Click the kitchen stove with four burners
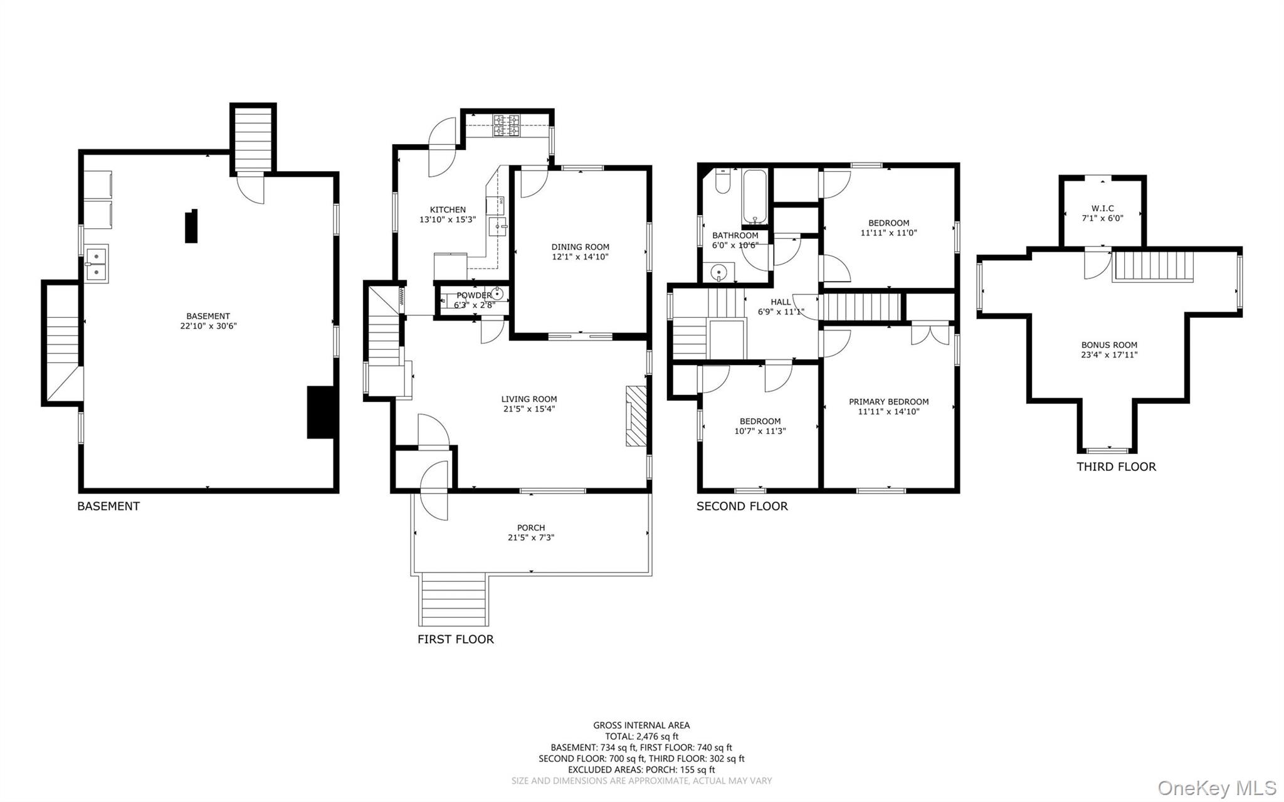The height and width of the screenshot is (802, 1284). coord(506,125)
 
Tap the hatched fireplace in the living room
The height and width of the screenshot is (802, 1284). coord(636,416)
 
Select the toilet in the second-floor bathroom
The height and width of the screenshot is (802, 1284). coord(722,182)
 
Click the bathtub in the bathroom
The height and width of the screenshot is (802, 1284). coord(755,197)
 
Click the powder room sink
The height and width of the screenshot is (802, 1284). coord(497,293)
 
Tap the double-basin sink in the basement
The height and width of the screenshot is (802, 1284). coord(97,263)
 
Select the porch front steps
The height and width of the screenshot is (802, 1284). coord(454,599)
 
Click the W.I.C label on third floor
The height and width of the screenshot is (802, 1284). coord(1102,209)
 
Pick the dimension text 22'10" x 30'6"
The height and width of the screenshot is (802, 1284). coord(208,326)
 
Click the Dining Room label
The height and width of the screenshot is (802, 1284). coord(580,247)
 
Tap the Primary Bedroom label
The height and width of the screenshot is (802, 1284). coord(888,402)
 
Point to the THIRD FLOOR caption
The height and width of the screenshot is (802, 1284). coord(1116,467)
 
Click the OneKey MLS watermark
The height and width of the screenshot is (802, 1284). coord(1216,788)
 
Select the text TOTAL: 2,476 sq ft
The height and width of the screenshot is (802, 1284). coord(641,737)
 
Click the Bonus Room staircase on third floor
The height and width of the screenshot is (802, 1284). coord(1152,267)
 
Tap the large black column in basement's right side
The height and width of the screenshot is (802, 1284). coord(319,412)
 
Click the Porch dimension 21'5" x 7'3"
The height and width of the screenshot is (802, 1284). coord(531,537)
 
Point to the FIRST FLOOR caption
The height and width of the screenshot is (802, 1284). coord(456,639)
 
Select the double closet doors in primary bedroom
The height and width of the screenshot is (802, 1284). coord(930,334)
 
